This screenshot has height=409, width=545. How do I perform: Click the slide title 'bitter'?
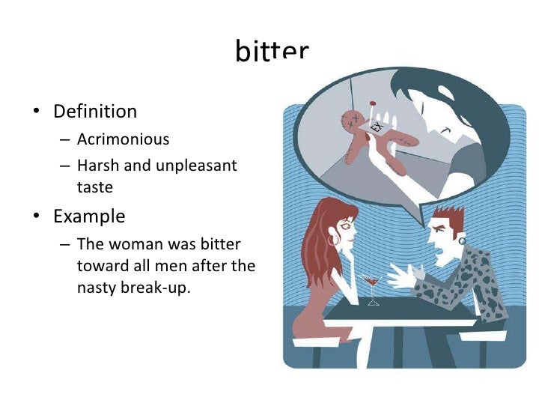click(x=272, y=53)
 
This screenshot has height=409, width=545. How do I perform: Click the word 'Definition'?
click(x=95, y=112)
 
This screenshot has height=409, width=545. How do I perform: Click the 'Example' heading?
click(x=89, y=216)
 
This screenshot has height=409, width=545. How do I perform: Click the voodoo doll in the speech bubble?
click(x=371, y=139)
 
